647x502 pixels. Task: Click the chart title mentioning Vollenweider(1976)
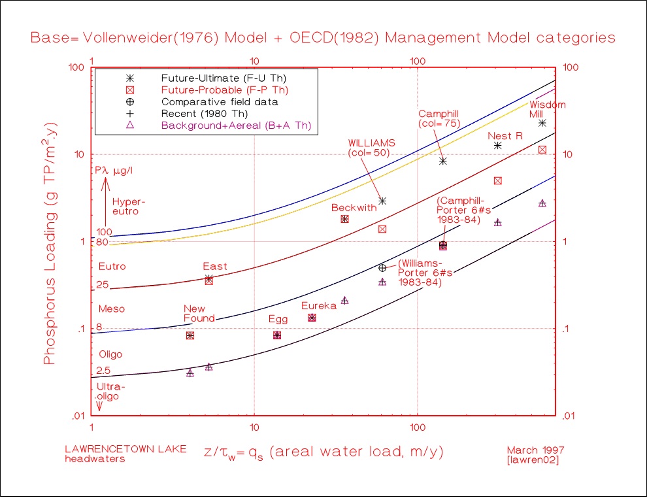[323, 37]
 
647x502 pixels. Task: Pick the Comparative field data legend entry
[220, 101]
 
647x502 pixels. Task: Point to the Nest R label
[505, 136]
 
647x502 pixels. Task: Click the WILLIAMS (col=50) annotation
[371, 147]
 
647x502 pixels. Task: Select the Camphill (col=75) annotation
[439, 118]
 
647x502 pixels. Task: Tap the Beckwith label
[354, 207]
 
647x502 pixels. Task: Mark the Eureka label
[319, 306]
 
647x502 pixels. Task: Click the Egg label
[278, 320]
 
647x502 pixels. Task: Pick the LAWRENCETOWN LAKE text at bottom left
[125, 449]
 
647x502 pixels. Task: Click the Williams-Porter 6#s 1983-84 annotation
[420, 273]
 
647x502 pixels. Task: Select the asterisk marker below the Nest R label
[498, 145]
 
